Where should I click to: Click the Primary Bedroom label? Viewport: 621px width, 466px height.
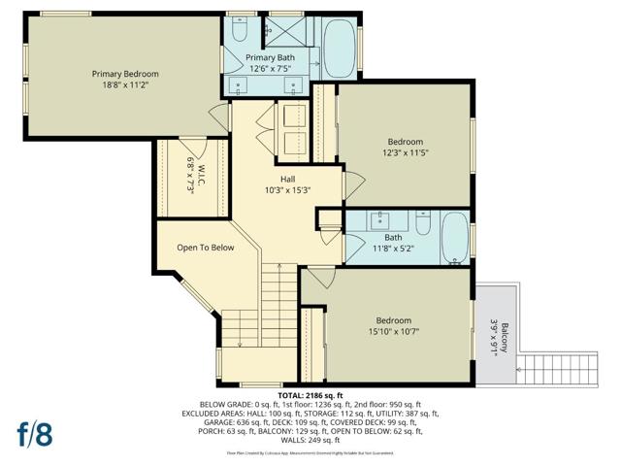coord(125,74)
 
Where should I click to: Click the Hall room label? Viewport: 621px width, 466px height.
coord(287,179)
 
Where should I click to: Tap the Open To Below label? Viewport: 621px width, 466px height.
coord(205,248)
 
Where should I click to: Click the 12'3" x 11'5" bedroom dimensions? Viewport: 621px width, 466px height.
coord(405,152)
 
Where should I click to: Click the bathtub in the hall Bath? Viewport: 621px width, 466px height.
coord(453,237)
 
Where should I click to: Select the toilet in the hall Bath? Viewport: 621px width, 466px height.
coord(422,223)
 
